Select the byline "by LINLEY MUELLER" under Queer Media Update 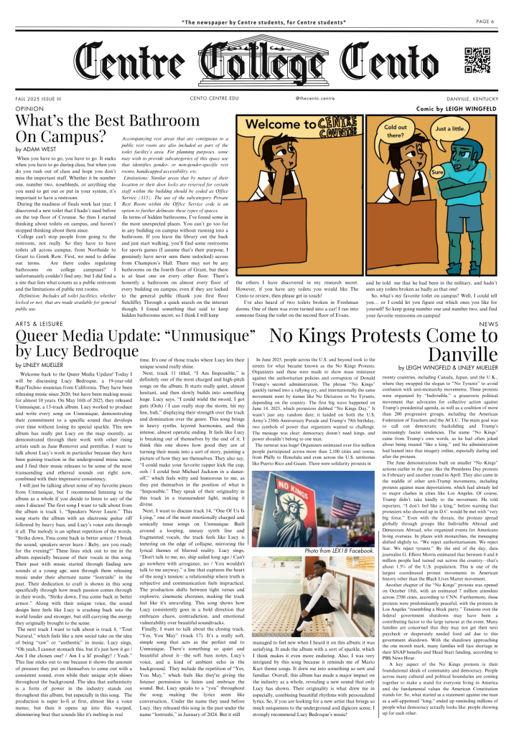click(x=45, y=365)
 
